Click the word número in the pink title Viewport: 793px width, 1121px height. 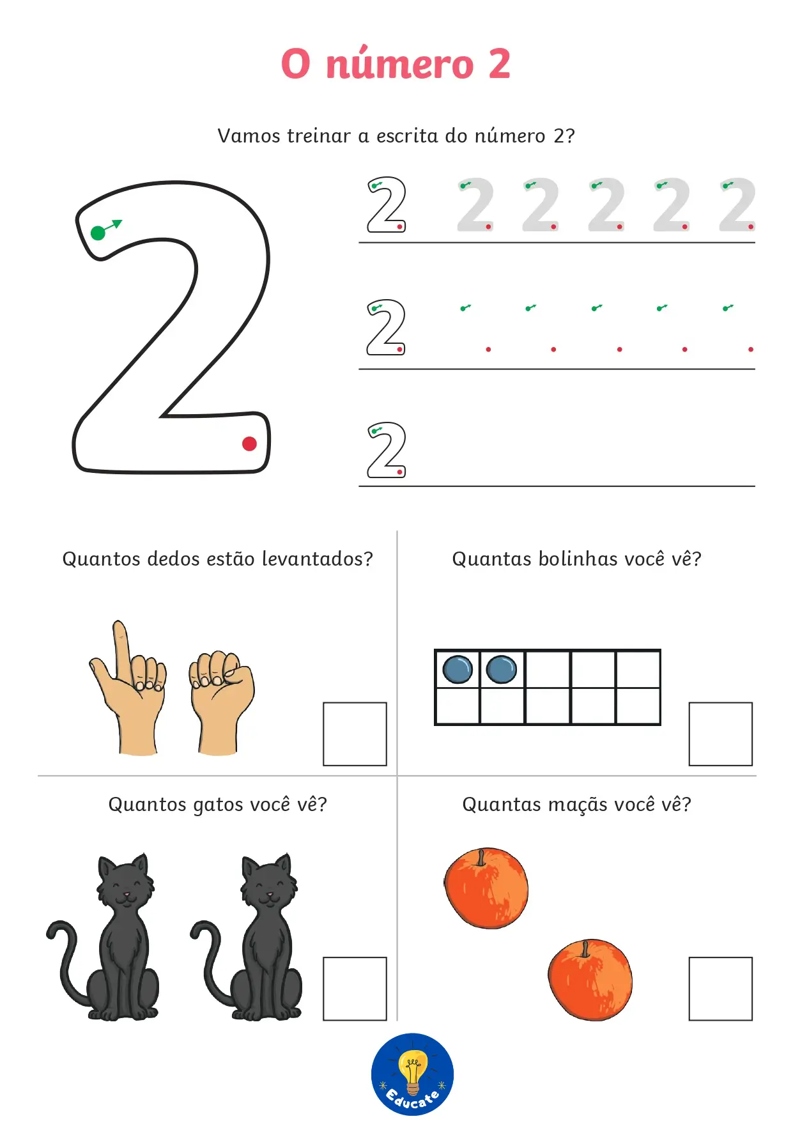tap(400, 64)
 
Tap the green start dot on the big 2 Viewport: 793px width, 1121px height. tap(98, 233)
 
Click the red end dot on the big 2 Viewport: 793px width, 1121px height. tap(249, 444)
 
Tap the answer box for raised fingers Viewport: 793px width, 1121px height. tap(355, 734)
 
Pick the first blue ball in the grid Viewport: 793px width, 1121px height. tap(458, 669)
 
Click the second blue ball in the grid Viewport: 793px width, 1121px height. tap(502, 669)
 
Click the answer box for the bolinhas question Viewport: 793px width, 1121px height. tap(720, 734)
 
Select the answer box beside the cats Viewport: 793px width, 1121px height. tap(355, 989)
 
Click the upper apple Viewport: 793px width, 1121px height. tap(486, 888)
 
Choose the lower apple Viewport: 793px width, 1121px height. tap(590, 979)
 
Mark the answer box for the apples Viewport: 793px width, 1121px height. tap(720, 989)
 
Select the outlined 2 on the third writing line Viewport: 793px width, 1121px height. tap(387, 450)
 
